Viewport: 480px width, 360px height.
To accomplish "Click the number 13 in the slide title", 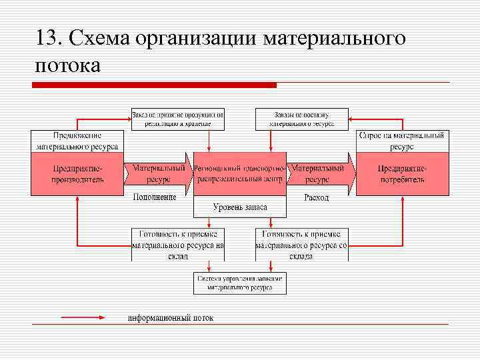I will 49,38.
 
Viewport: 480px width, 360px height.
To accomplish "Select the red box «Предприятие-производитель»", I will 78,174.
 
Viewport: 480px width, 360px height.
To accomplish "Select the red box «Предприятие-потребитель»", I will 402,174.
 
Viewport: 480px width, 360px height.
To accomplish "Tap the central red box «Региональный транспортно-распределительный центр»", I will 240,174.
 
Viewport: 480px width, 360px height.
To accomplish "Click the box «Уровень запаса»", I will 240,207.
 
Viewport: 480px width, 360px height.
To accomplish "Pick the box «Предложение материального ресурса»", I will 77,141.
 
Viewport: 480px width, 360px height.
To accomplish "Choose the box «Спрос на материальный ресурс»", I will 402,141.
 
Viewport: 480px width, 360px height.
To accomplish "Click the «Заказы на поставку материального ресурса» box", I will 302,119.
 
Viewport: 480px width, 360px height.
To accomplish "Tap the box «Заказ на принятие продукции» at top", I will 178,119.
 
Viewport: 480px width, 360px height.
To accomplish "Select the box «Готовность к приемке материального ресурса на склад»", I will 178,244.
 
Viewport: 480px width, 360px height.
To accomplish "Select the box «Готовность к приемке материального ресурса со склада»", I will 302,244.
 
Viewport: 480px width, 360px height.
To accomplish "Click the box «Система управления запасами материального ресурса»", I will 240,283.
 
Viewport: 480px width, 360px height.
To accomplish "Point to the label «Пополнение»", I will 155,197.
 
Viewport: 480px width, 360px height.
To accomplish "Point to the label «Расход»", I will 316,197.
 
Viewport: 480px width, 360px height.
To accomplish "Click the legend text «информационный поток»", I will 171,318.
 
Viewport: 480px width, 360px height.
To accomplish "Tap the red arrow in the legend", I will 83,318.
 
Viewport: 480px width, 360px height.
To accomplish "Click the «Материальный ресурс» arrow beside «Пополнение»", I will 159,174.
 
